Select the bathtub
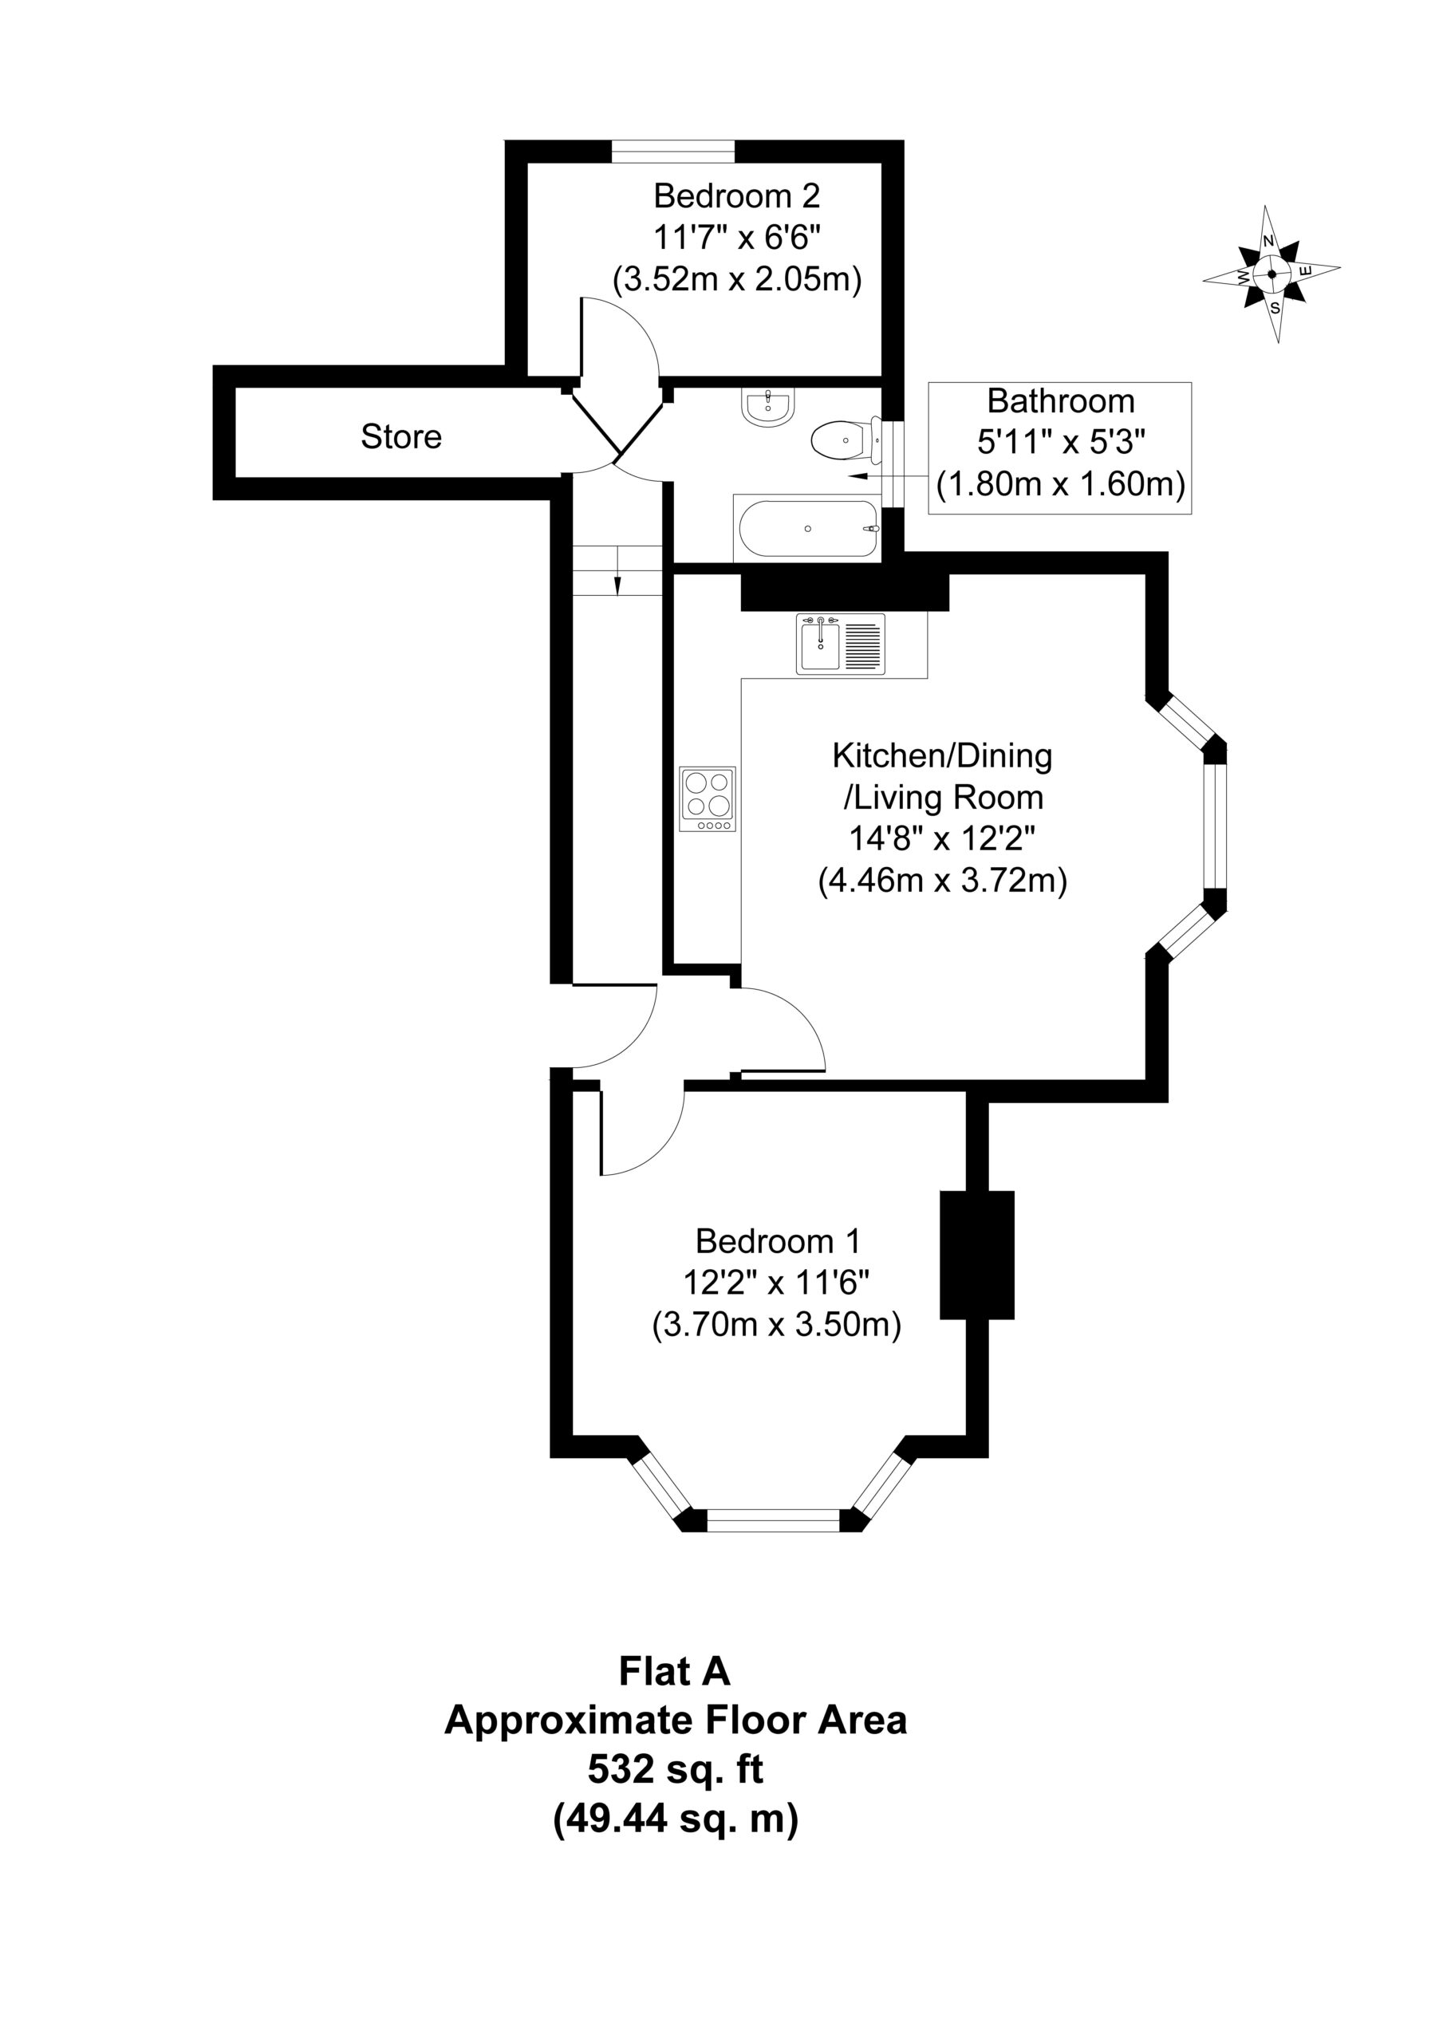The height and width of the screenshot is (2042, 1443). coord(807,528)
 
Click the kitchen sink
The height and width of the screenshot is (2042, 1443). coord(840,644)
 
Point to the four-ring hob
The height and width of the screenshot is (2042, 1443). coord(708,798)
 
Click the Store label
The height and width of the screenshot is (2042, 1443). coord(401,436)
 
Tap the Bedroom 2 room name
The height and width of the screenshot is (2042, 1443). coord(736,195)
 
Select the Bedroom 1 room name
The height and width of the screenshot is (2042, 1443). coord(779,1240)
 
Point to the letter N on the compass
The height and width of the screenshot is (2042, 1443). coord(1268,241)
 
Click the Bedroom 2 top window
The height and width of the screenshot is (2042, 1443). coord(673,152)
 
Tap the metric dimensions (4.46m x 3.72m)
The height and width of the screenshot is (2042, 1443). coord(942,881)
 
